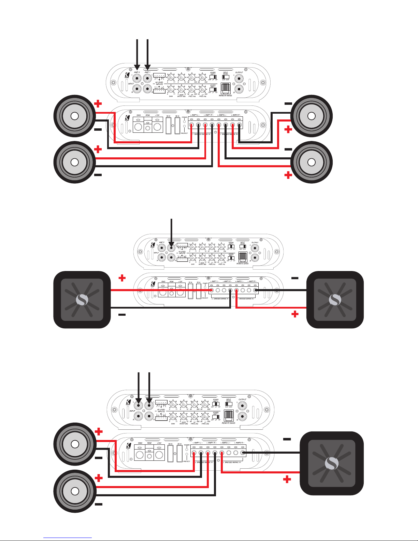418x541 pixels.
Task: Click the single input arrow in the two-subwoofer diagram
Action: click(x=171, y=236)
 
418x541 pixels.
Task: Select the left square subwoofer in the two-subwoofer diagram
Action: click(x=82, y=300)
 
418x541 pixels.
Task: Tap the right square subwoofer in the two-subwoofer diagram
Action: click(x=335, y=300)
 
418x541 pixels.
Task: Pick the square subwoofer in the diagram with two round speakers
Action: click(x=331, y=463)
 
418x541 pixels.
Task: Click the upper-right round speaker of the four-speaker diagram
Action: click(x=311, y=116)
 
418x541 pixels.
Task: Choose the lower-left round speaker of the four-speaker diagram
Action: click(x=74, y=162)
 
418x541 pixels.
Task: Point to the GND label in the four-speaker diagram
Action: click(x=139, y=115)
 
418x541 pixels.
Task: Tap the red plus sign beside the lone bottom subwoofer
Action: click(x=287, y=480)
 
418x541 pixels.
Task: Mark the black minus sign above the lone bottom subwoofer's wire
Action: click(x=287, y=439)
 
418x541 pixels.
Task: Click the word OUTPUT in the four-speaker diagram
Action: click(x=239, y=72)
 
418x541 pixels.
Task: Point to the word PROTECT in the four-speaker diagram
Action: click(x=184, y=133)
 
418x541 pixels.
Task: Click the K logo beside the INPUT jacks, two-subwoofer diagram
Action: click(x=153, y=245)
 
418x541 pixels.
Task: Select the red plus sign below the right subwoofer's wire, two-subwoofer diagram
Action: click(x=295, y=314)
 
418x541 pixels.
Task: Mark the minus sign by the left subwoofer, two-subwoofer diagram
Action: click(x=122, y=314)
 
